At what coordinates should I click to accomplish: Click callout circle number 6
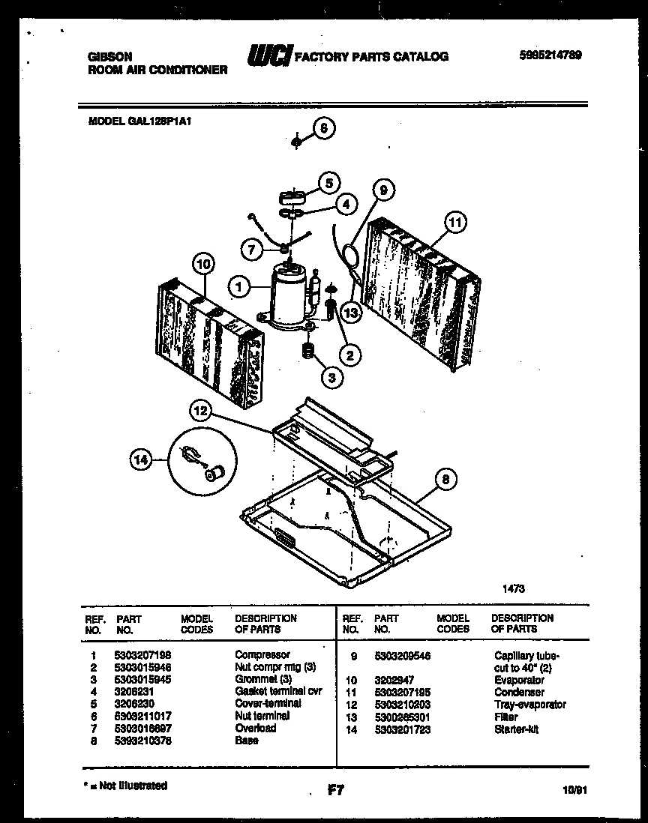click(323, 128)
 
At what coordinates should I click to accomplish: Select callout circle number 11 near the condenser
click(455, 222)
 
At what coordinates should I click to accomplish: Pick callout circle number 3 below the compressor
click(331, 377)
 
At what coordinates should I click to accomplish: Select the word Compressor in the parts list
click(262, 654)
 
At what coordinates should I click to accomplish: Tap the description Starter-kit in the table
click(516, 729)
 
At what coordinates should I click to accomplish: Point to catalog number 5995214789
click(550, 55)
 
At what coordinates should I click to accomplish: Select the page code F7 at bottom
click(335, 789)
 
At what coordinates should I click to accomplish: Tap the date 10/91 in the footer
click(573, 789)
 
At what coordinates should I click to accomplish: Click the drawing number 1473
click(513, 589)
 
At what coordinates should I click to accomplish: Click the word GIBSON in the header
click(110, 56)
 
